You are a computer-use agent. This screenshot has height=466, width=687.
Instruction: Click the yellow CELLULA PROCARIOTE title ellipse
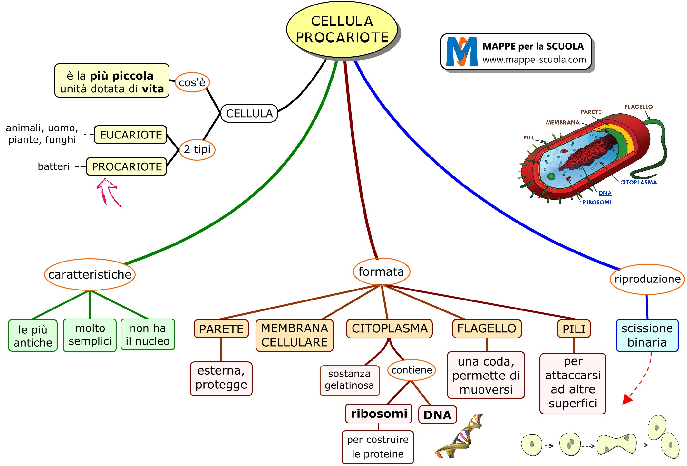[x=342, y=29]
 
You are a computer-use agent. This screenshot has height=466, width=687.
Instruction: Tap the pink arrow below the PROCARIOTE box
[x=108, y=192]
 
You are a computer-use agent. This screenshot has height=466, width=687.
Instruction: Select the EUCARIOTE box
[x=131, y=135]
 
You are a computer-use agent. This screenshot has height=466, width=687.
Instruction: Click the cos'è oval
[x=192, y=82]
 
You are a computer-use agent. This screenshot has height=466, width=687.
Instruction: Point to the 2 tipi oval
[x=197, y=149]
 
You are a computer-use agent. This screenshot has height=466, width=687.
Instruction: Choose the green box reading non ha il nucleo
[x=148, y=335]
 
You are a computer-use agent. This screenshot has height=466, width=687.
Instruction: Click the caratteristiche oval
[x=90, y=274]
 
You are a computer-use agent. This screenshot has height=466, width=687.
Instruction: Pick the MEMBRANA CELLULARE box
[x=295, y=335]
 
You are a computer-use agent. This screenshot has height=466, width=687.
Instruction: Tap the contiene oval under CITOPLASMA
[x=411, y=370]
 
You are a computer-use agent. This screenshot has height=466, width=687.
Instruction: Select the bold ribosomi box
[x=379, y=414]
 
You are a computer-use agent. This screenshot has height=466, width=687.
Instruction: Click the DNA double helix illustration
[x=459, y=436]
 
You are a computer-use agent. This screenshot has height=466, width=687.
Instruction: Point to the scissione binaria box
[x=647, y=335]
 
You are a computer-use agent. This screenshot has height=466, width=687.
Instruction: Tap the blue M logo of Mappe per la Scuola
[x=461, y=52]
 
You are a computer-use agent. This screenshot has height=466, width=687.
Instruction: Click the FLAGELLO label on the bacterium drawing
[x=638, y=107]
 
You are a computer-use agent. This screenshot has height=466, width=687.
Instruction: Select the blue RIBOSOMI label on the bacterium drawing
[x=596, y=202]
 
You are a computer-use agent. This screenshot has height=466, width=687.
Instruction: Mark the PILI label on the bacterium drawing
[x=528, y=138]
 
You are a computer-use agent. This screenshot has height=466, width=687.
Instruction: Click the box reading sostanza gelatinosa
[x=349, y=380]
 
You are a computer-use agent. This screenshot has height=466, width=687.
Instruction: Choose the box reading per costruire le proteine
[x=378, y=447]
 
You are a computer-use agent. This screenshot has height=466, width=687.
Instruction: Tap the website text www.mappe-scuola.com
[x=534, y=60]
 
